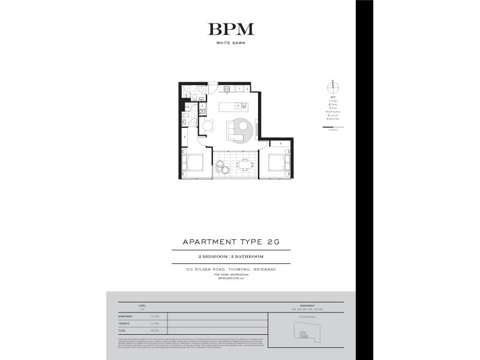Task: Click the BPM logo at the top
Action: (231, 29)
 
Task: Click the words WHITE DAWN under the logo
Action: (231, 43)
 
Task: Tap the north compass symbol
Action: (329, 85)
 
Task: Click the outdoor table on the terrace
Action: (244, 163)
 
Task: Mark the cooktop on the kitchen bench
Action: (227, 89)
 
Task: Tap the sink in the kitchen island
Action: (238, 106)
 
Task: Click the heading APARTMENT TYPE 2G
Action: (231, 242)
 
